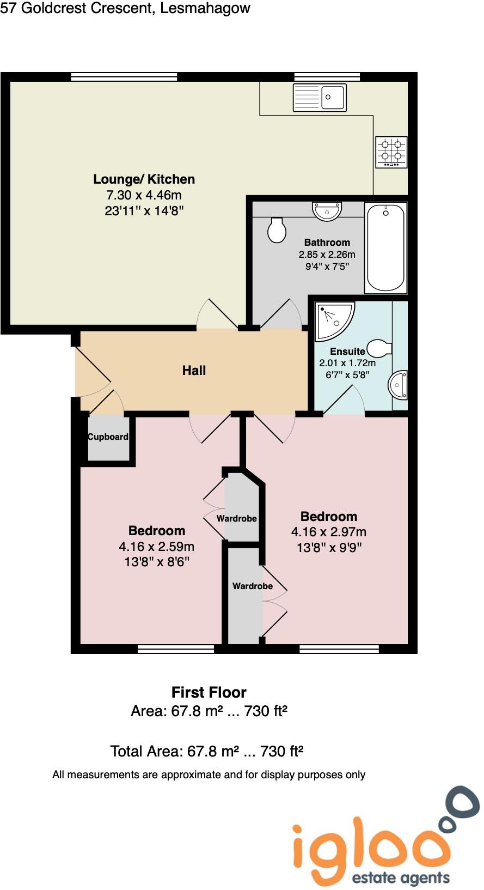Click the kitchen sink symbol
[320, 98]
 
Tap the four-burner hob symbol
[391, 152]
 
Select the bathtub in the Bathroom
[385, 248]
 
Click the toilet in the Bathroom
[277, 229]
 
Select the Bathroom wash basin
[327, 210]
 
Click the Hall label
[194, 371]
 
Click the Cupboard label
[108, 437]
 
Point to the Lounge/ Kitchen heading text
[144, 179]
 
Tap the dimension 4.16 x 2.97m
[328, 532]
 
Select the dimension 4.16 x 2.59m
[156, 546]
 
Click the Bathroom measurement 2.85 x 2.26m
[327, 255]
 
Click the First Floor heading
[209, 692]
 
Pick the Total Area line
[206, 752]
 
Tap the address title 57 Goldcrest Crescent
[125, 8]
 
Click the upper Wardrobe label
[236, 518]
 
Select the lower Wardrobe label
[252, 586]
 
